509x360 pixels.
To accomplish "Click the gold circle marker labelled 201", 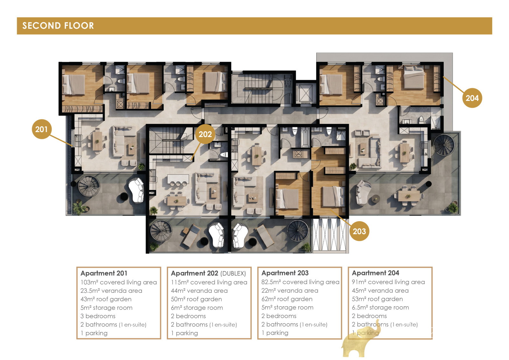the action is (x=42, y=129).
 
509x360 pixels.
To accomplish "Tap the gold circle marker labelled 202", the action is (x=205, y=134).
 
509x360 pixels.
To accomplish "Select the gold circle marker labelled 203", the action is (x=359, y=231).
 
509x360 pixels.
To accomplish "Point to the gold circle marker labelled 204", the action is (x=472, y=98).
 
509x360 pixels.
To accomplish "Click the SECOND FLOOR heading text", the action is (x=58, y=26).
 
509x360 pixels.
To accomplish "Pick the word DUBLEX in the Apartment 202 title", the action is (x=233, y=273).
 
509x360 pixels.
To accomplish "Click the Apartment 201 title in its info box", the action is (x=104, y=273).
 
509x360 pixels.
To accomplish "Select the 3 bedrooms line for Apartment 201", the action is (x=98, y=316).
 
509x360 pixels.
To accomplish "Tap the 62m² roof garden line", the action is (x=287, y=299).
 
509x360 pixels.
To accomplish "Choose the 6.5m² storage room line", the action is (x=380, y=307).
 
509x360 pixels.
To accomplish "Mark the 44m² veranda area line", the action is (x=199, y=291).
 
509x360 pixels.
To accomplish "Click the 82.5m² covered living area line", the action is (x=300, y=282).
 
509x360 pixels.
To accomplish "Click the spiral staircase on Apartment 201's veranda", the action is (x=89, y=186).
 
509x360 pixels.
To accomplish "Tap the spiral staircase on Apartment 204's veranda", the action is (x=444, y=145).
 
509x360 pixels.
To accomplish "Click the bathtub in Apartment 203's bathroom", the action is (x=305, y=137).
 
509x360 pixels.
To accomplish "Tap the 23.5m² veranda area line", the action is (x=111, y=291).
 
